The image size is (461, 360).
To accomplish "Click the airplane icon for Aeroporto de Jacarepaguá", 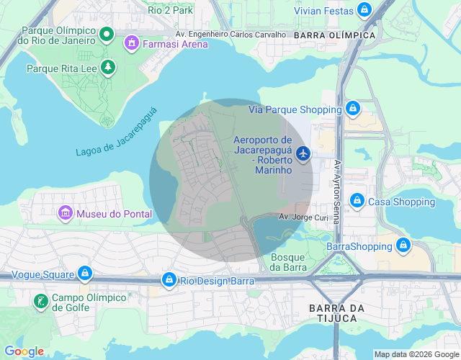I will [x=303, y=153].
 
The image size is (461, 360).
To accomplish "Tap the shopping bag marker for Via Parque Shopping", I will [x=352, y=109].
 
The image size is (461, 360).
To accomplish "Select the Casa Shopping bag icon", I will [x=357, y=201].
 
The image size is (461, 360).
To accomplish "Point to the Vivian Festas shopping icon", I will [x=364, y=10].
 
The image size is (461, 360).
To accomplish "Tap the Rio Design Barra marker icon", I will [x=169, y=279].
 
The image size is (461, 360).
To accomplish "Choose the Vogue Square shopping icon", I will [x=86, y=274].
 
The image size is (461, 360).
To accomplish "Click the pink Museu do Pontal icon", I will [x=66, y=213].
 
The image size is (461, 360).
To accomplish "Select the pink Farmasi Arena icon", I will [x=131, y=44].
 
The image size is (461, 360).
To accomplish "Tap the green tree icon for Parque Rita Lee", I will [x=108, y=68].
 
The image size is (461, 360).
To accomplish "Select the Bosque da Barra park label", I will [x=287, y=262].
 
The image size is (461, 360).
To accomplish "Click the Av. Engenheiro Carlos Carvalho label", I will [x=230, y=34].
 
